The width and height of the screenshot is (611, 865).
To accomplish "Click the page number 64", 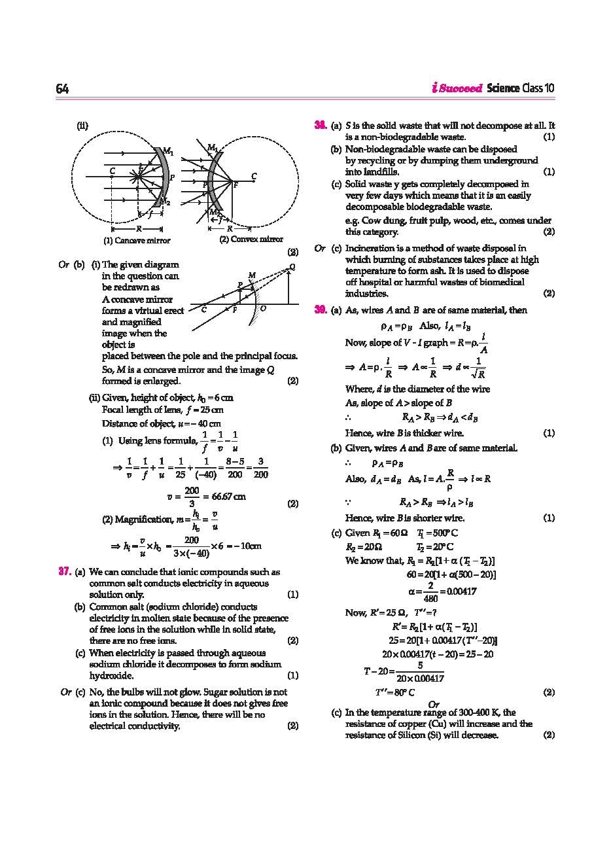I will [x=62, y=89].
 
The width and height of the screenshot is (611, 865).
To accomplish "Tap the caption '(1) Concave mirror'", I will [x=137, y=240].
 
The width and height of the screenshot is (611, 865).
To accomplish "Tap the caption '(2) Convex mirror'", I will [x=251, y=239].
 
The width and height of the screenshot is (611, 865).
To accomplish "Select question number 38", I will [x=321, y=125].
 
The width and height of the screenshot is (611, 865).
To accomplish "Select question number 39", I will [x=321, y=310].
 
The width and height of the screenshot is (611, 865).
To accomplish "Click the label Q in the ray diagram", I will [x=292, y=267].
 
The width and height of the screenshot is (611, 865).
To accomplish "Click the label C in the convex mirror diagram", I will [x=254, y=176].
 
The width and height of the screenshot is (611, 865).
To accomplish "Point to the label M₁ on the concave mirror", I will [x=167, y=152].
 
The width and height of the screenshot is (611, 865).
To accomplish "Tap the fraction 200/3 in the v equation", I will [x=192, y=497].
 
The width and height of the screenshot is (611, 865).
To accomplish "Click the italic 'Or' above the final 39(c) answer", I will [x=432, y=703].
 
